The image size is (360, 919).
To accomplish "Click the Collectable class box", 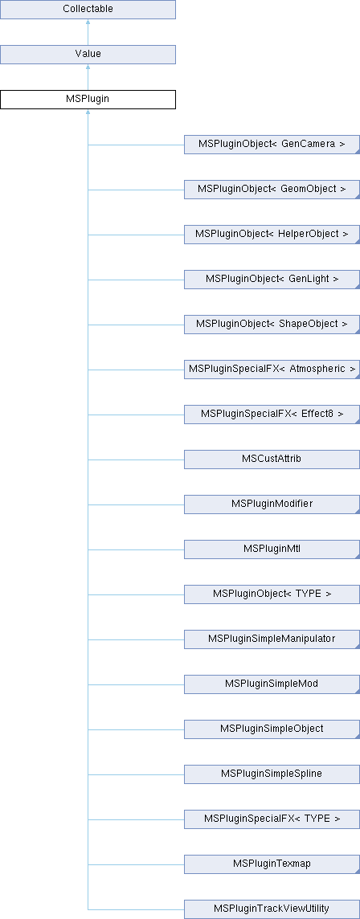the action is [88, 10].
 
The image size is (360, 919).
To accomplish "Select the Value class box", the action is [88, 54].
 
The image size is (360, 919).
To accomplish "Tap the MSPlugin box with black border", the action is [88, 99].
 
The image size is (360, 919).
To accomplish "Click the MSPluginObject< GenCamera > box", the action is [272, 144].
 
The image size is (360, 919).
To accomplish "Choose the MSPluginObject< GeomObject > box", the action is [272, 190].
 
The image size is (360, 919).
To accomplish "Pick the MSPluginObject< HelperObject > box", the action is [272, 235].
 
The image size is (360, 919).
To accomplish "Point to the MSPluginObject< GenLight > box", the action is [272, 280].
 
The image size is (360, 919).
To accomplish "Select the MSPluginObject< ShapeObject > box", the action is [272, 325].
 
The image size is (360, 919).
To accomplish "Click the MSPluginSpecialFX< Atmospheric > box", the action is [272, 370].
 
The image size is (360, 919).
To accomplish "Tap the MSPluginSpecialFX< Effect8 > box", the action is [272, 415].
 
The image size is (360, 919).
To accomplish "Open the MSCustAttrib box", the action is [272, 460].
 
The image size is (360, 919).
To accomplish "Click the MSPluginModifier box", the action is [272, 505].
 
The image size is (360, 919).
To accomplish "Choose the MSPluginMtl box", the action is [272, 550].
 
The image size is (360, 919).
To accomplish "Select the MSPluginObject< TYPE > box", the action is [272, 595].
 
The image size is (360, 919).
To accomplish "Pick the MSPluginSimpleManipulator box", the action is [272, 640].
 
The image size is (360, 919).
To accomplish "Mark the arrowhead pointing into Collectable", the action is [88, 22].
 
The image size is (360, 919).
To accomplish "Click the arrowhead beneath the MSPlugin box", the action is [88, 112].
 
